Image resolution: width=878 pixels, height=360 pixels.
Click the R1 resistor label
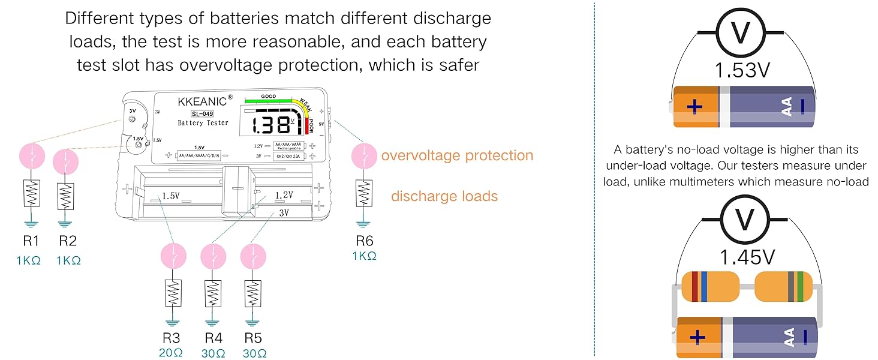[31, 241]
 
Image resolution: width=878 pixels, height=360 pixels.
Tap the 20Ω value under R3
[171, 353]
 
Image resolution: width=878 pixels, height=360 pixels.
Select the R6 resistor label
[365, 241]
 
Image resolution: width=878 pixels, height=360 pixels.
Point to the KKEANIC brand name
[202, 102]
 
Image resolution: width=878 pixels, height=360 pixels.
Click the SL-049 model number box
[202, 114]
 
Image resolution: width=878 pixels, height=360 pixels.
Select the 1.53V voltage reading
[742, 71]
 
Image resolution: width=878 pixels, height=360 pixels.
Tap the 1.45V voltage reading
[747, 257]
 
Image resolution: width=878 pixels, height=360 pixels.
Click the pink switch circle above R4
[214, 256]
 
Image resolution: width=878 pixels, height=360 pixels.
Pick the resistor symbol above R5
[253, 293]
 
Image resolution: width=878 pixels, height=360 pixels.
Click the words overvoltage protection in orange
[457, 155]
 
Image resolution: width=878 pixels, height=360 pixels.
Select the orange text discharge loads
[444, 196]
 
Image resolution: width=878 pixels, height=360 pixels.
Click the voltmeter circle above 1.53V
[741, 32]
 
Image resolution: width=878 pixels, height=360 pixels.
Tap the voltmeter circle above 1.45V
[745, 220]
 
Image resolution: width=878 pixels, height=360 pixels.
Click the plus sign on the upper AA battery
[694, 106]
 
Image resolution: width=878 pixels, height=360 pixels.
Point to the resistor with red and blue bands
[711, 287]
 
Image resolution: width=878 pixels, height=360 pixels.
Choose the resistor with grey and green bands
[783, 287]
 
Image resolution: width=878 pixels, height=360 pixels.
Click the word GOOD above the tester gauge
[269, 97]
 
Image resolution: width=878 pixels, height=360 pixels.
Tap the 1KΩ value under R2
[68, 261]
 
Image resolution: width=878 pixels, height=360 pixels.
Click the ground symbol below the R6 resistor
[363, 224]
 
